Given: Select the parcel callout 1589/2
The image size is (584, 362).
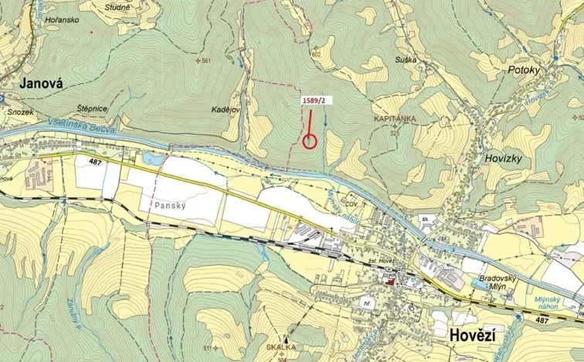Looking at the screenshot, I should tap(315, 101).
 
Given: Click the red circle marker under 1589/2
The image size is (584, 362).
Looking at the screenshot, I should tap(311, 141).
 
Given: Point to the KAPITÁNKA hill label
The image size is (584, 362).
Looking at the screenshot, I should tap(395, 119).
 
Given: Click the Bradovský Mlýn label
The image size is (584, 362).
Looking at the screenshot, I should tap(480, 279).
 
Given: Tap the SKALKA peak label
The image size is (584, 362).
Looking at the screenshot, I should tap(286, 349).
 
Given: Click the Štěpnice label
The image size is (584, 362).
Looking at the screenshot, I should tap(91, 109).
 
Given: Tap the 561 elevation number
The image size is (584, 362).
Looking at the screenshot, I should tap(204, 60).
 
